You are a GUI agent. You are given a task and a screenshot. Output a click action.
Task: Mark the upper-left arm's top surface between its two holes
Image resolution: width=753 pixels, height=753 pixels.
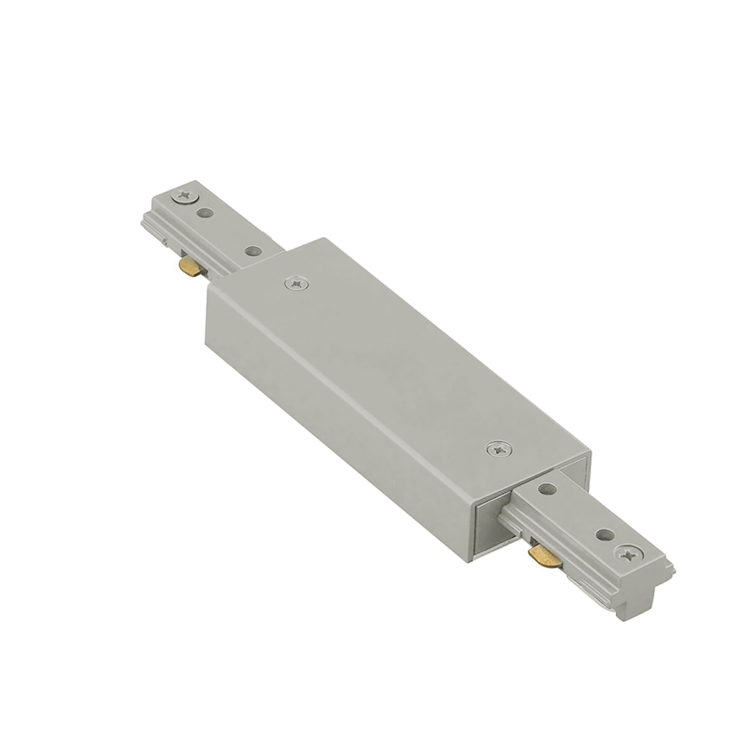(230, 232)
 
